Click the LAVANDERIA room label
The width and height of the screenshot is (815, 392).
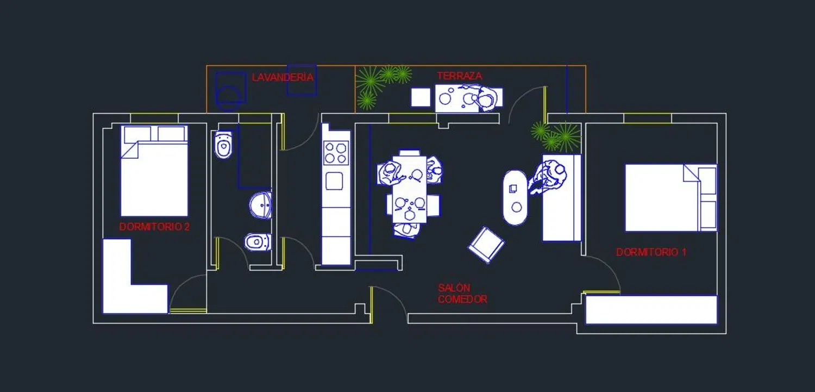point(283,77)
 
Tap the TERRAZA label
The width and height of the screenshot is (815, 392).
point(460,76)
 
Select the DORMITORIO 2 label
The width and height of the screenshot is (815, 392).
point(154,227)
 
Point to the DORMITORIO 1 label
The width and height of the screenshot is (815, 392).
point(651,252)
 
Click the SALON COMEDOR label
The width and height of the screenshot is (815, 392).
point(462,294)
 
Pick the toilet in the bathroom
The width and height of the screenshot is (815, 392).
point(223,145)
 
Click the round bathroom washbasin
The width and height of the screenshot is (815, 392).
point(260,206)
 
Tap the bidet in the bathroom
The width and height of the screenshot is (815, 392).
point(258,242)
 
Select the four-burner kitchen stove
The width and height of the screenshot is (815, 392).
point(336,153)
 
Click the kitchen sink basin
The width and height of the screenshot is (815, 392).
point(334,181)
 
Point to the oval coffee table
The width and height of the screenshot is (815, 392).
point(515,197)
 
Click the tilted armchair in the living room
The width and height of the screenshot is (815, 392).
point(486,245)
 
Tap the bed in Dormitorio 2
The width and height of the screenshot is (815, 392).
point(154,171)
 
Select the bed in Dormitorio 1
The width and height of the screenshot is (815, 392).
point(671,197)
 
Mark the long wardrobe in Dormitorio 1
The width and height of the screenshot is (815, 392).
point(651,309)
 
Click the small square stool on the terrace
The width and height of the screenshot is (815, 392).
point(421,97)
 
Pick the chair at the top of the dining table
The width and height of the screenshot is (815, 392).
point(410,153)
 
